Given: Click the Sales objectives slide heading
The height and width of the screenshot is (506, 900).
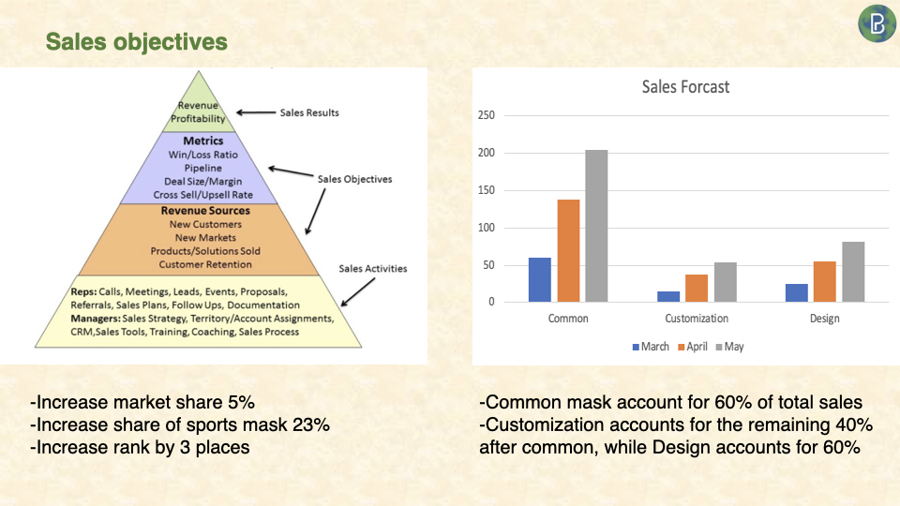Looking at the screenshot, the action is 137,42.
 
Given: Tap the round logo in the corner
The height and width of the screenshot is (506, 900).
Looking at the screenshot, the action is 877,23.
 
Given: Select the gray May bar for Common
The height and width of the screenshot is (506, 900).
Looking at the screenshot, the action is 596,226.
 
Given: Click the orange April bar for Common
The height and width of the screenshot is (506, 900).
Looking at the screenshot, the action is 568,251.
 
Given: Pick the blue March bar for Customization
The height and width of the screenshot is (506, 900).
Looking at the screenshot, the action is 668,297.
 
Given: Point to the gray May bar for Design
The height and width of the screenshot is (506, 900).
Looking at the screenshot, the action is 853,272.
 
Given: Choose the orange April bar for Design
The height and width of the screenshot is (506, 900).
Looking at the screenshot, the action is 825,282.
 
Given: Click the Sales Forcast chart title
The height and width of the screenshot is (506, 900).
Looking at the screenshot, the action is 685,86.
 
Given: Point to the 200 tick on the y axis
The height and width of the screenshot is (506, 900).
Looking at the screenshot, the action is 487,153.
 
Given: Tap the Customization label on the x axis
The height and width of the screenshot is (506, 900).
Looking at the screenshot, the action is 697,319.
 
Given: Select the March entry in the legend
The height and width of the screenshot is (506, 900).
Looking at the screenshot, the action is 651,347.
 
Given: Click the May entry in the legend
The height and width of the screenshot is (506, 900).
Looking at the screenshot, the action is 729,347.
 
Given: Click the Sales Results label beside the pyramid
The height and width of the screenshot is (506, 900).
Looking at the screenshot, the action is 309,113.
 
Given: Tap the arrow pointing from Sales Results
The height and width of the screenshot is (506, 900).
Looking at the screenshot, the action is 256,112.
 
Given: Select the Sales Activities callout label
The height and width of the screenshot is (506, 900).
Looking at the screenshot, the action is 372,269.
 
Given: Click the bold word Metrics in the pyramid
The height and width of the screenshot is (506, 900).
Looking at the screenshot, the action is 203,141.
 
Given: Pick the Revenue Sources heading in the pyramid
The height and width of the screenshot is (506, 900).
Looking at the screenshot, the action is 205,211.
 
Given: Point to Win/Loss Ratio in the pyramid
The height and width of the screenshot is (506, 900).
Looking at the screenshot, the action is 203,155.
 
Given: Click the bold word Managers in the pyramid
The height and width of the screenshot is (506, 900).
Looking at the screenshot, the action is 96,319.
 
